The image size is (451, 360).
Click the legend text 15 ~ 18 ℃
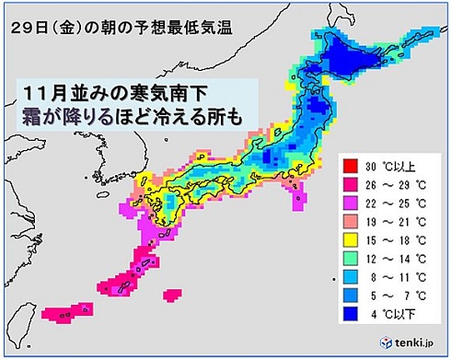398,233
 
